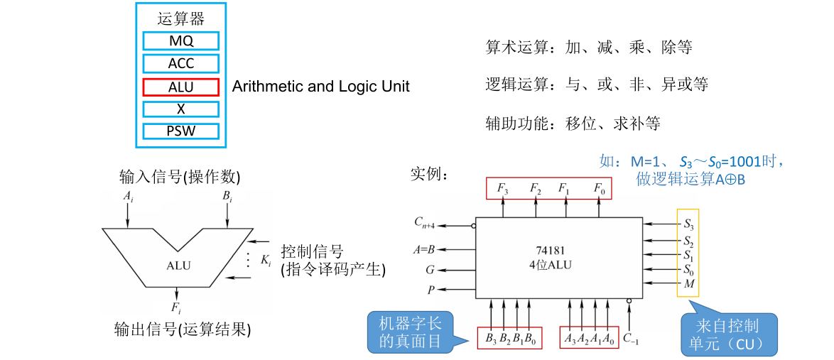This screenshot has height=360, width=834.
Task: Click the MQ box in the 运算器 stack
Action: (x=180, y=40)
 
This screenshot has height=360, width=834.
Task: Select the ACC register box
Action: (x=180, y=63)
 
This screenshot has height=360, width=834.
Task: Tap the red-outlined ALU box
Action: (x=180, y=87)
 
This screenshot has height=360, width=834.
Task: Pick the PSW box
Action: (x=180, y=131)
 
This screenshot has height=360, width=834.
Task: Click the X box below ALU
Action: (x=180, y=109)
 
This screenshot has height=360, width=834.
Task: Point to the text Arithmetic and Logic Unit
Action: (x=321, y=87)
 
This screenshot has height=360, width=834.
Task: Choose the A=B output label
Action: (x=425, y=249)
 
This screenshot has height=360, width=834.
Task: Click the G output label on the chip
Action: (x=430, y=269)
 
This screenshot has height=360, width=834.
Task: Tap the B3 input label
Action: (x=491, y=338)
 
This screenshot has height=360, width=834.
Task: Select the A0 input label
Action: (x=608, y=338)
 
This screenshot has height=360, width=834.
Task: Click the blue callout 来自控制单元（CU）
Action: (x=729, y=335)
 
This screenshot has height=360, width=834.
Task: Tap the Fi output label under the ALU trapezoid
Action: (x=176, y=308)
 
